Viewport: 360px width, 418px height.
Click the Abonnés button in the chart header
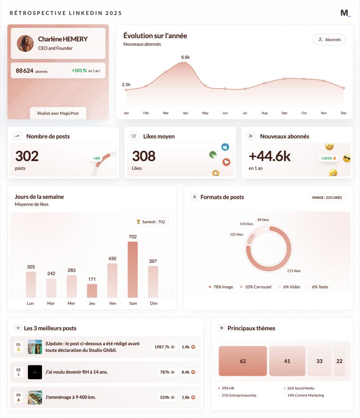(329, 40)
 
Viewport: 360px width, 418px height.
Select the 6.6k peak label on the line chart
(185, 57)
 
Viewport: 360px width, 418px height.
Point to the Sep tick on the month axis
(284, 113)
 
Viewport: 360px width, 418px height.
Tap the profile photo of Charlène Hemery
(25, 43)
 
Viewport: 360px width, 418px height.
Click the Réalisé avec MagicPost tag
(58, 113)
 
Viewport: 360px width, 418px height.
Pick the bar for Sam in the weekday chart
(133, 270)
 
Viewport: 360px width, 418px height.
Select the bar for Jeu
(92, 291)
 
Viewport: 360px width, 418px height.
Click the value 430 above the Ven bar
(112, 258)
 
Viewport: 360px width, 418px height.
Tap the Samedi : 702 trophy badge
(151, 222)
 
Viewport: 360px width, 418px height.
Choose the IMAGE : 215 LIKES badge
(327, 198)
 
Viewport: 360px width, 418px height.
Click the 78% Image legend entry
(221, 287)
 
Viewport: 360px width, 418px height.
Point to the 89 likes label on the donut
(263, 220)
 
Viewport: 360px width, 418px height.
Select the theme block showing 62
(243, 361)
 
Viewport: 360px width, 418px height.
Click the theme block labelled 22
(339, 361)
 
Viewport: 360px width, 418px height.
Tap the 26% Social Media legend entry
(300, 388)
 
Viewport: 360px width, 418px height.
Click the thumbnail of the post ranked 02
(35, 372)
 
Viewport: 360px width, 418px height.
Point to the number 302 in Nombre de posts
(27, 156)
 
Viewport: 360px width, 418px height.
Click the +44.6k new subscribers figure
(270, 156)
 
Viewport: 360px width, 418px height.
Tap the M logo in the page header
(345, 13)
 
